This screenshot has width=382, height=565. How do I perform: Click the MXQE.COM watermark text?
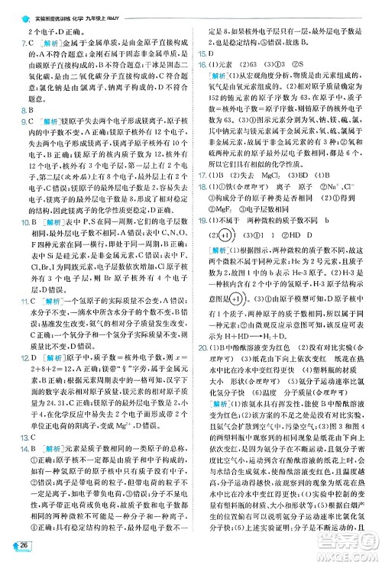click(x=349, y=547)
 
